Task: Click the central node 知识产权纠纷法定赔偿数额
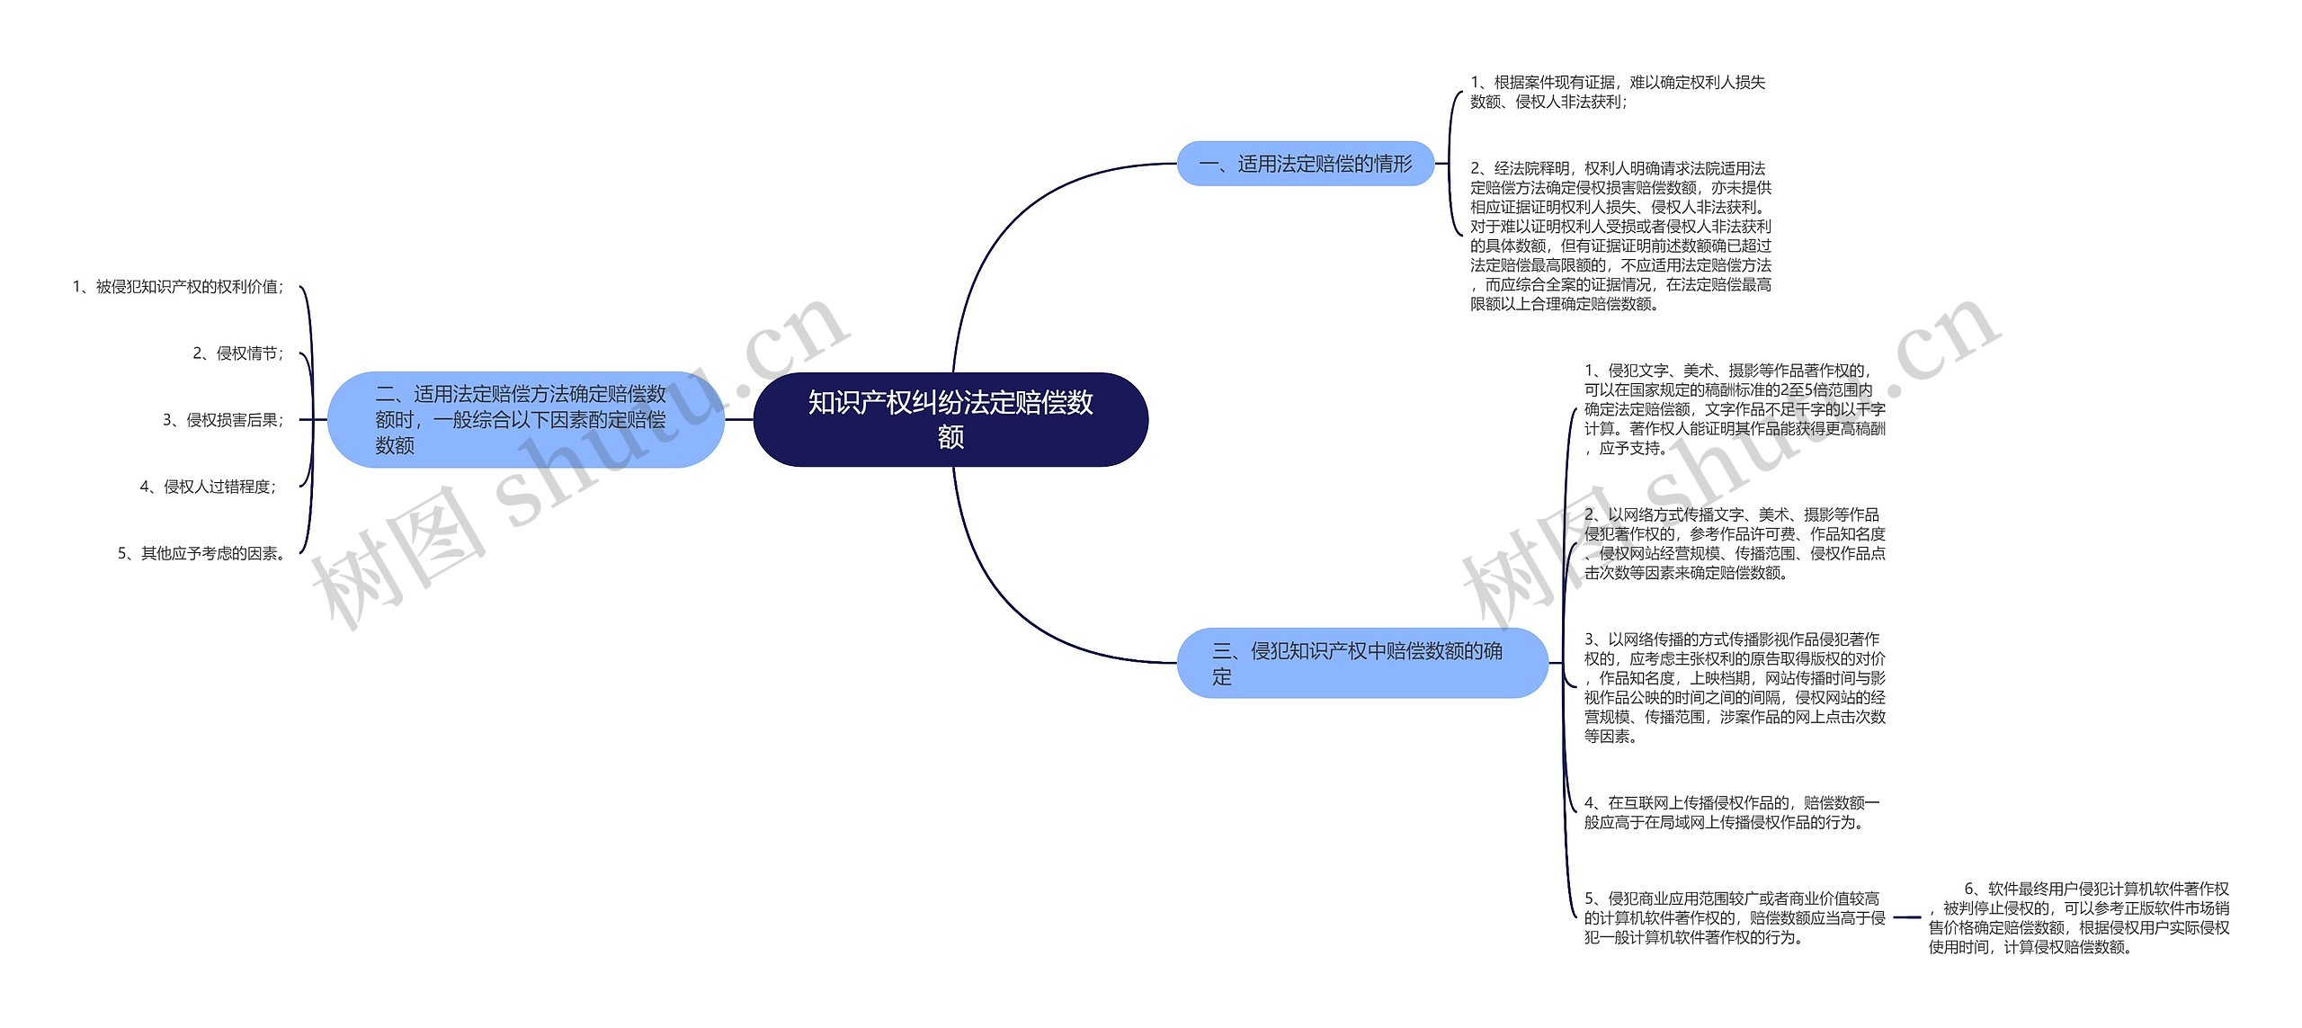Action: (x=950, y=419)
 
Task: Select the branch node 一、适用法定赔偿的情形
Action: (x=1306, y=164)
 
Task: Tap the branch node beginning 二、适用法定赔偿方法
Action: (x=525, y=419)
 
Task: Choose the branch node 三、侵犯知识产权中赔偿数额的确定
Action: (x=1361, y=663)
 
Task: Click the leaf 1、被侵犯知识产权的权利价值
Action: (x=178, y=287)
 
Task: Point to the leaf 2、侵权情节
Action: (x=238, y=353)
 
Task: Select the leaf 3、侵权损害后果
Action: (x=223, y=420)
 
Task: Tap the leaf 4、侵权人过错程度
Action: (x=209, y=487)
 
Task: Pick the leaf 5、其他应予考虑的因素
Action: (x=203, y=553)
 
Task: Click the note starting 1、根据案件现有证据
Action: (x=1617, y=92)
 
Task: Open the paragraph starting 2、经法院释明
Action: (x=1620, y=236)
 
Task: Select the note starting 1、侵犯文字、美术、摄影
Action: (x=1734, y=409)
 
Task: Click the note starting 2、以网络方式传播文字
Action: (x=1734, y=543)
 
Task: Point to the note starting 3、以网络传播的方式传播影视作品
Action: (x=1734, y=687)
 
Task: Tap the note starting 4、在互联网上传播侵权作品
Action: (x=1732, y=812)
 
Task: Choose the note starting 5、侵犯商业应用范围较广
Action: (x=1734, y=917)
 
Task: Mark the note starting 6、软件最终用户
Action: (x=2078, y=917)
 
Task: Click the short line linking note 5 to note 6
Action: (x=1907, y=917)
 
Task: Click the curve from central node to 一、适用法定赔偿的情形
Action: (x=1007, y=225)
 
